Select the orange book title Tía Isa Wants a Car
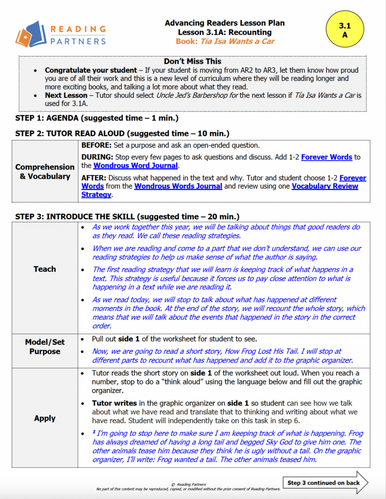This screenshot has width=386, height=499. click(225, 41)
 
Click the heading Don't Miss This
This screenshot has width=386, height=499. click(193, 61)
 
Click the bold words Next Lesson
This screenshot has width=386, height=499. click(66, 96)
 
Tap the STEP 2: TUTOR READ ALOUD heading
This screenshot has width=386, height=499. click(122, 133)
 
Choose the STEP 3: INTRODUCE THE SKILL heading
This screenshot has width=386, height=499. click(127, 216)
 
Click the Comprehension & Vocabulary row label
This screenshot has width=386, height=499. click(45, 172)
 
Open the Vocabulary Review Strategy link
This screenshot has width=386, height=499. click(325, 191)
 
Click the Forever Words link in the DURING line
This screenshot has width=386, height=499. click(327, 157)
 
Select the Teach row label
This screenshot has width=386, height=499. click(45, 269)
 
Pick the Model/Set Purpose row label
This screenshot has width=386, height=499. click(45, 346)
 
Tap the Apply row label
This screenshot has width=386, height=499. click(45, 418)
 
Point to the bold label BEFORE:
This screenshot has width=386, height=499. click(97, 145)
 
